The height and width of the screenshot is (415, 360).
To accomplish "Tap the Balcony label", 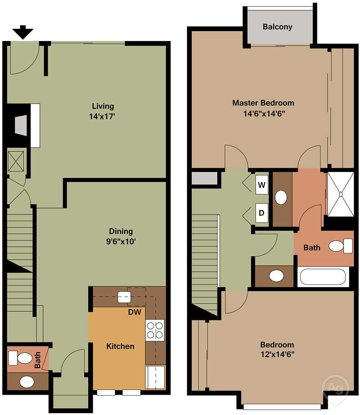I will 277,27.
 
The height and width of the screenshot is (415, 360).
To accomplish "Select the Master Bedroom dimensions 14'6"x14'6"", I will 263,113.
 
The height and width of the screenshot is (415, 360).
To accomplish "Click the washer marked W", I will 261,185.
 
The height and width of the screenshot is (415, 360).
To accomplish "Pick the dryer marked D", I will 261,213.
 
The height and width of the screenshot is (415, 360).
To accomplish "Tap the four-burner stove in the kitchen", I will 155,329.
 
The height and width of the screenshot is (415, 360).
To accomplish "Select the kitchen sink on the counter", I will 124,297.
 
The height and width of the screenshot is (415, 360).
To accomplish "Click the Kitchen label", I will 120,346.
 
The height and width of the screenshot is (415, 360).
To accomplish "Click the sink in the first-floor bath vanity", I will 27,382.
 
